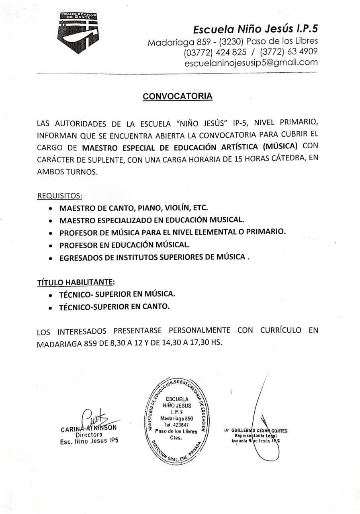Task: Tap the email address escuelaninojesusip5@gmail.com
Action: [251, 63]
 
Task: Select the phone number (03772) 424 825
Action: [215, 52]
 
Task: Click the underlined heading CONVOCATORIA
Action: [178, 96]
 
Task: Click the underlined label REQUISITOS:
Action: [60, 196]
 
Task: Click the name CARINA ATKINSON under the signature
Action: [89, 428]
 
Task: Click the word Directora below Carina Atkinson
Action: [89, 434]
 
